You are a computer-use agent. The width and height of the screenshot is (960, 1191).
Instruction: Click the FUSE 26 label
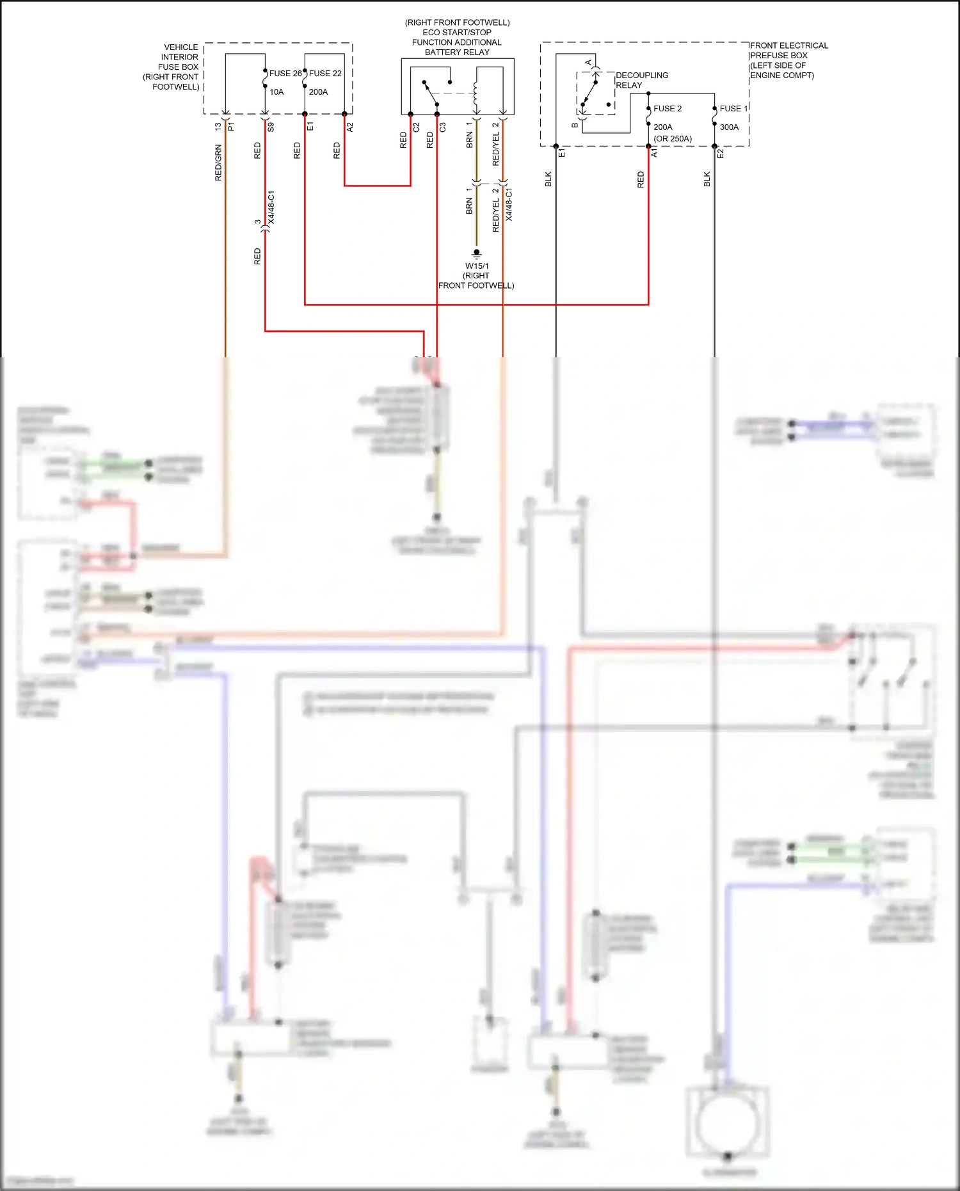coord(285,74)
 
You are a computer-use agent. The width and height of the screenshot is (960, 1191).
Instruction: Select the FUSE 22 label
coord(325,74)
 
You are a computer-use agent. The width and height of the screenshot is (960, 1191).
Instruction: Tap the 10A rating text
coord(276,92)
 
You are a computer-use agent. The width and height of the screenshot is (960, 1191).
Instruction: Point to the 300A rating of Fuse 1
coord(729,127)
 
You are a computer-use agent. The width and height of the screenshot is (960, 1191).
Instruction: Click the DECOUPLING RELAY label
coord(641,80)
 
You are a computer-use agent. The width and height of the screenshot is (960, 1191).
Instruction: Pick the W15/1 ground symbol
coord(476,253)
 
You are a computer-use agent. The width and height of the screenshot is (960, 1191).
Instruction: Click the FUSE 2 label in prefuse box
coord(668,109)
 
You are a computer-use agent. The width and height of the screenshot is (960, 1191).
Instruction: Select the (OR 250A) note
coord(673,139)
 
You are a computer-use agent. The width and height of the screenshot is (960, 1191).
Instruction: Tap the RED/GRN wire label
coord(218,163)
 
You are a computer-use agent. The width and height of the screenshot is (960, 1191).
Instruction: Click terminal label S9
coord(271,127)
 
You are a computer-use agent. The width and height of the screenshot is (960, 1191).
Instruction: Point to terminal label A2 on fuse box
coord(350,127)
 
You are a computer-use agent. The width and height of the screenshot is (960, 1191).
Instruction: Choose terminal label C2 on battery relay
coord(416,127)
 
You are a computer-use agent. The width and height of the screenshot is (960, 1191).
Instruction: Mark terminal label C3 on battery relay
coord(442,127)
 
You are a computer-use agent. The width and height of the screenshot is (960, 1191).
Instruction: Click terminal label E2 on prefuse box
coord(720,154)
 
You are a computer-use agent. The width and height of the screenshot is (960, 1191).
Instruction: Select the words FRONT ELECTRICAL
coord(788,45)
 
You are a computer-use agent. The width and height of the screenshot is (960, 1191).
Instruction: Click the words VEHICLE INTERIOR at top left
coord(180,52)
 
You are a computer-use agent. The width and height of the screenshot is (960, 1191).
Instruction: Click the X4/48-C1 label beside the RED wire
coord(271,207)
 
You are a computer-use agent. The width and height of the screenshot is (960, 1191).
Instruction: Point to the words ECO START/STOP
coord(457,33)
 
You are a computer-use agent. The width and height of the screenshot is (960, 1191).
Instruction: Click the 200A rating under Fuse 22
coord(318,92)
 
